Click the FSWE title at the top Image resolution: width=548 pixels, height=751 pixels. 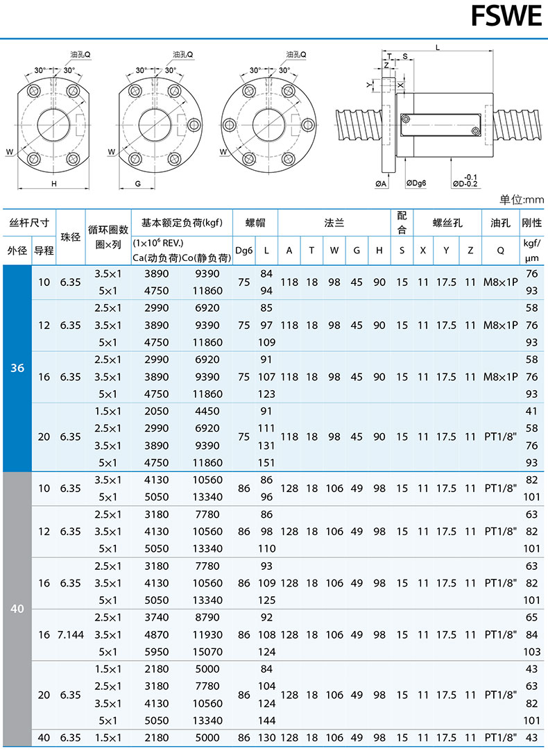point(506,16)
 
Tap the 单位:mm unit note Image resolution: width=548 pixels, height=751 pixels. point(521,200)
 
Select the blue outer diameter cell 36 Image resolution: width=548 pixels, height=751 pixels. point(17,368)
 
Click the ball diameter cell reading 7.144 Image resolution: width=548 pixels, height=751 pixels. point(70,634)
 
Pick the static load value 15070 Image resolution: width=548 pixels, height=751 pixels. point(207,652)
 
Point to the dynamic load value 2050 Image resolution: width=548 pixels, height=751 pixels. point(157,411)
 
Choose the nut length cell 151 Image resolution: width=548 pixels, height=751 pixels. point(266,463)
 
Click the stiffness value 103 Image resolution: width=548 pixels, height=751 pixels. point(532,652)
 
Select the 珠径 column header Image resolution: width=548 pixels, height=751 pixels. point(70,237)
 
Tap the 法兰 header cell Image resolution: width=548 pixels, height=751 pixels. point(334,223)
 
